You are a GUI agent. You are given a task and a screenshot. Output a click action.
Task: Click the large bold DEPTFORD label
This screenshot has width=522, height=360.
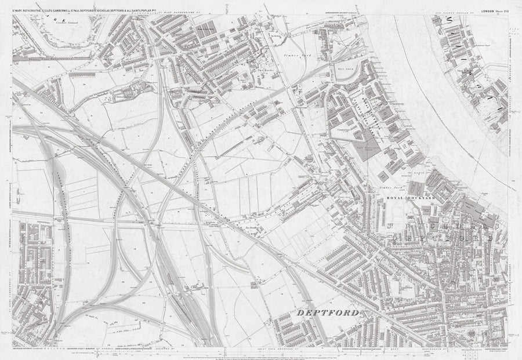(331, 314)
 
